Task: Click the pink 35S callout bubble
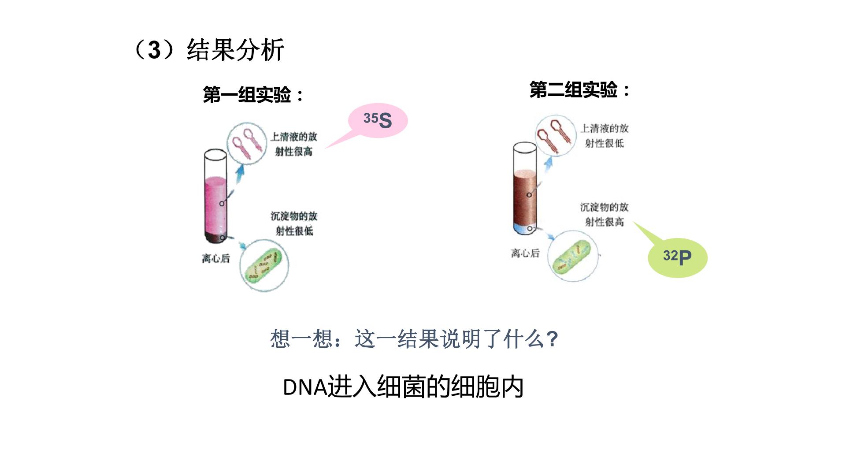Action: tap(378, 121)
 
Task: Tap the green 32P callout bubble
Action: tap(677, 257)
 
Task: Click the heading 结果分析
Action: tap(236, 49)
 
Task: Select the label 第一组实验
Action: tap(247, 95)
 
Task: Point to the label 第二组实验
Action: tap(573, 90)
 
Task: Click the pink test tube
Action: tap(215, 197)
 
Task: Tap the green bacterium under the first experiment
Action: tap(263, 266)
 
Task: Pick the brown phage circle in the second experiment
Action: tap(555, 136)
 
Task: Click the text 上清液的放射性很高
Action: tap(294, 144)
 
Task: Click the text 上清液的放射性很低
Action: tap(604, 136)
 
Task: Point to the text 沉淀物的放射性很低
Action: tap(294, 223)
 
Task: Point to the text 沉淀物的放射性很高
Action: tap(604, 214)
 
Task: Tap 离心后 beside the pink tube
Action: tap(216, 258)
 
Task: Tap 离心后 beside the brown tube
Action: tap(525, 253)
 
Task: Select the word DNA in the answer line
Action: tap(305, 388)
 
